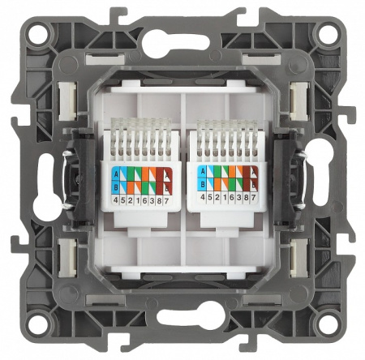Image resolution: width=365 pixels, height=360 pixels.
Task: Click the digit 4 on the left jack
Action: (116, 199)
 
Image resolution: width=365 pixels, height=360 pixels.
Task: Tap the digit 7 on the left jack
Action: (169, 199)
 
